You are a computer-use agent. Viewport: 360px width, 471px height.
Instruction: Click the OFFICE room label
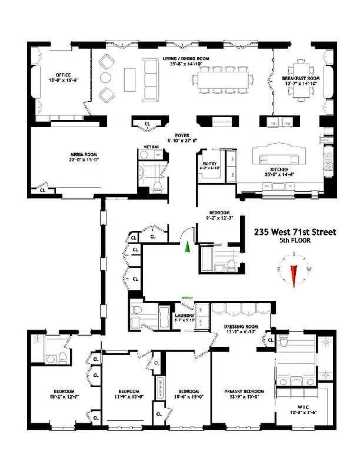pyautogui.click(x=60, y=75)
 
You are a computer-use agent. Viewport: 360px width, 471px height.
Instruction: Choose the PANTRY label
pyautogui.click(x=210, y=164)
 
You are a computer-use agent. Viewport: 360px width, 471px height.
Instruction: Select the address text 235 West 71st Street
pyautogui.click(x=295, y=232)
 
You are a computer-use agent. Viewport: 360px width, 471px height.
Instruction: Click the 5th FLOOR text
pyautogui.click(x=295, y=241)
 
